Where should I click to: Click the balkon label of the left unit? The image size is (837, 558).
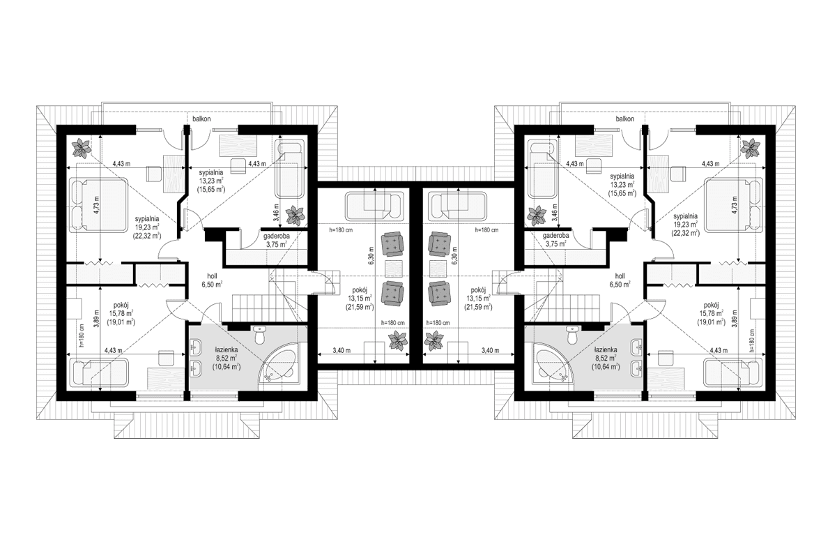click(202, 119)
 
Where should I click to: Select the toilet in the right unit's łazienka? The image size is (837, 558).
click(570, 337)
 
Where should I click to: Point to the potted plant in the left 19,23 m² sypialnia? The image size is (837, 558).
click(84, 147)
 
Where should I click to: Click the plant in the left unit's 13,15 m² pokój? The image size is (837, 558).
click(398, 340)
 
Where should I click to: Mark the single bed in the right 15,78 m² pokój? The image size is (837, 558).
click(733, 371)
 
